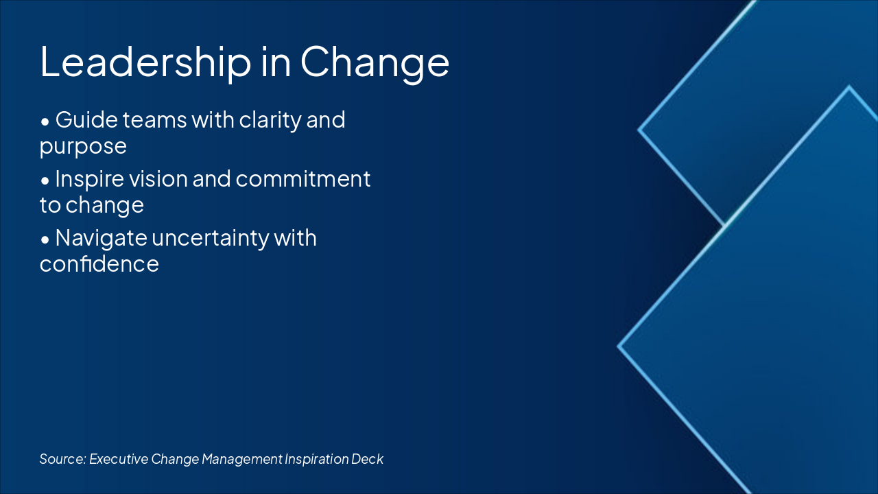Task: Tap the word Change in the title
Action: [375, 62]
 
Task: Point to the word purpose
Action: [83, 146]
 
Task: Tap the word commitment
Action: [303, 179]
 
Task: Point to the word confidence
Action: [99, 264]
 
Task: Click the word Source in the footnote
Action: [62, 459]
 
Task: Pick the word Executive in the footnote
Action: [119, 459]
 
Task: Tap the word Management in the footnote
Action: [241, 459]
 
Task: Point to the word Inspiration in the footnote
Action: [316, 459]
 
